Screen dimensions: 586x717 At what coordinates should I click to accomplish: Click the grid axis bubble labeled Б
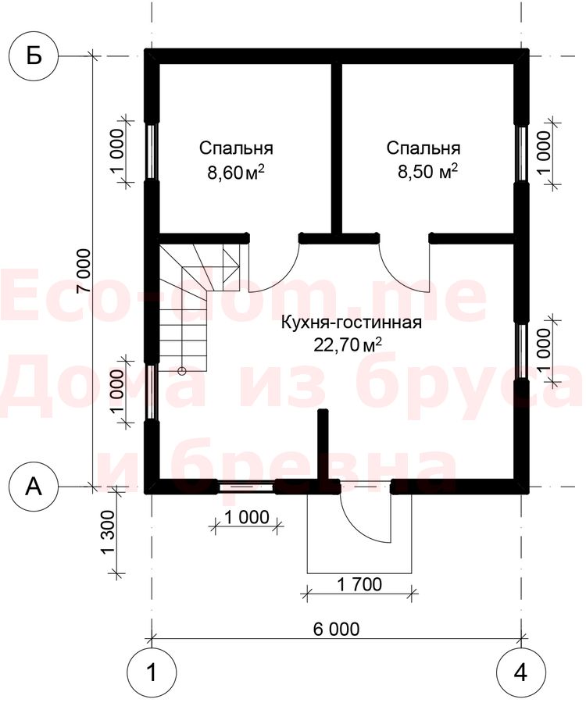pos(34,57)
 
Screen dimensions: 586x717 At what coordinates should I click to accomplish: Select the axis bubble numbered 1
pos(152,672)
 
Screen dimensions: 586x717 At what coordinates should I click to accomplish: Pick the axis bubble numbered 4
pos(520,672)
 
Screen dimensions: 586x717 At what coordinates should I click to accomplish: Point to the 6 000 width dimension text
pos(337,630)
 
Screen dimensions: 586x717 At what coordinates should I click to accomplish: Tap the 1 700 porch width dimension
pos(359,584)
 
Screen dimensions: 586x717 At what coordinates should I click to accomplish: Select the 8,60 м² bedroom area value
pos(236,173)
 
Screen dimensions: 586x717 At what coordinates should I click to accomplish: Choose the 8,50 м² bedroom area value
pos(428,172)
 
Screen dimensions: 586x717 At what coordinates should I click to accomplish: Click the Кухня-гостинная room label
pos(351,323)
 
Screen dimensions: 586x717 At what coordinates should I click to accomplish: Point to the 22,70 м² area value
pos(348,344)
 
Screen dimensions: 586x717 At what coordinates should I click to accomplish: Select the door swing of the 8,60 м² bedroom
pos(273,267)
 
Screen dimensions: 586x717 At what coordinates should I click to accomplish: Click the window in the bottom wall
pos(245,487)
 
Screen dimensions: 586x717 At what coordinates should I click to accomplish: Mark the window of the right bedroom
pos(521,153)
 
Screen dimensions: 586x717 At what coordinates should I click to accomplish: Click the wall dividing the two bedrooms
pos(337,146)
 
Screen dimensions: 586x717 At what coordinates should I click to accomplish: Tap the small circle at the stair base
pos(183,371)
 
